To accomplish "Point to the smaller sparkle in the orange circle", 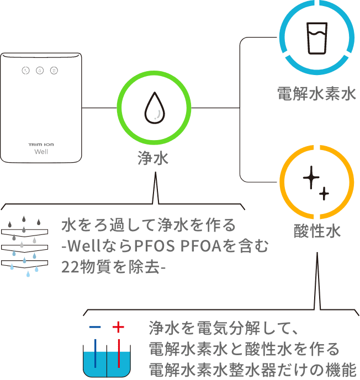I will pos(324,193).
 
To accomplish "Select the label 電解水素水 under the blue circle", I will pos(316,94).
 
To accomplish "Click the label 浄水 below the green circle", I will pos(153,159).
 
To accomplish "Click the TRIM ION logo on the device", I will pos(41,144).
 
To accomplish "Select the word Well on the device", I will pos(41,152).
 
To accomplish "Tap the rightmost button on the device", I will pos(54,71).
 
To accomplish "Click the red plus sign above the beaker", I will pos(118,327).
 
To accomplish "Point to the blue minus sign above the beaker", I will pos(95,327).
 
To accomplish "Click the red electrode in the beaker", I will pos(118,353).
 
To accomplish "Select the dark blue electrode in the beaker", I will pos(96,353).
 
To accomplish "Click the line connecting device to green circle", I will pos(100,108).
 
